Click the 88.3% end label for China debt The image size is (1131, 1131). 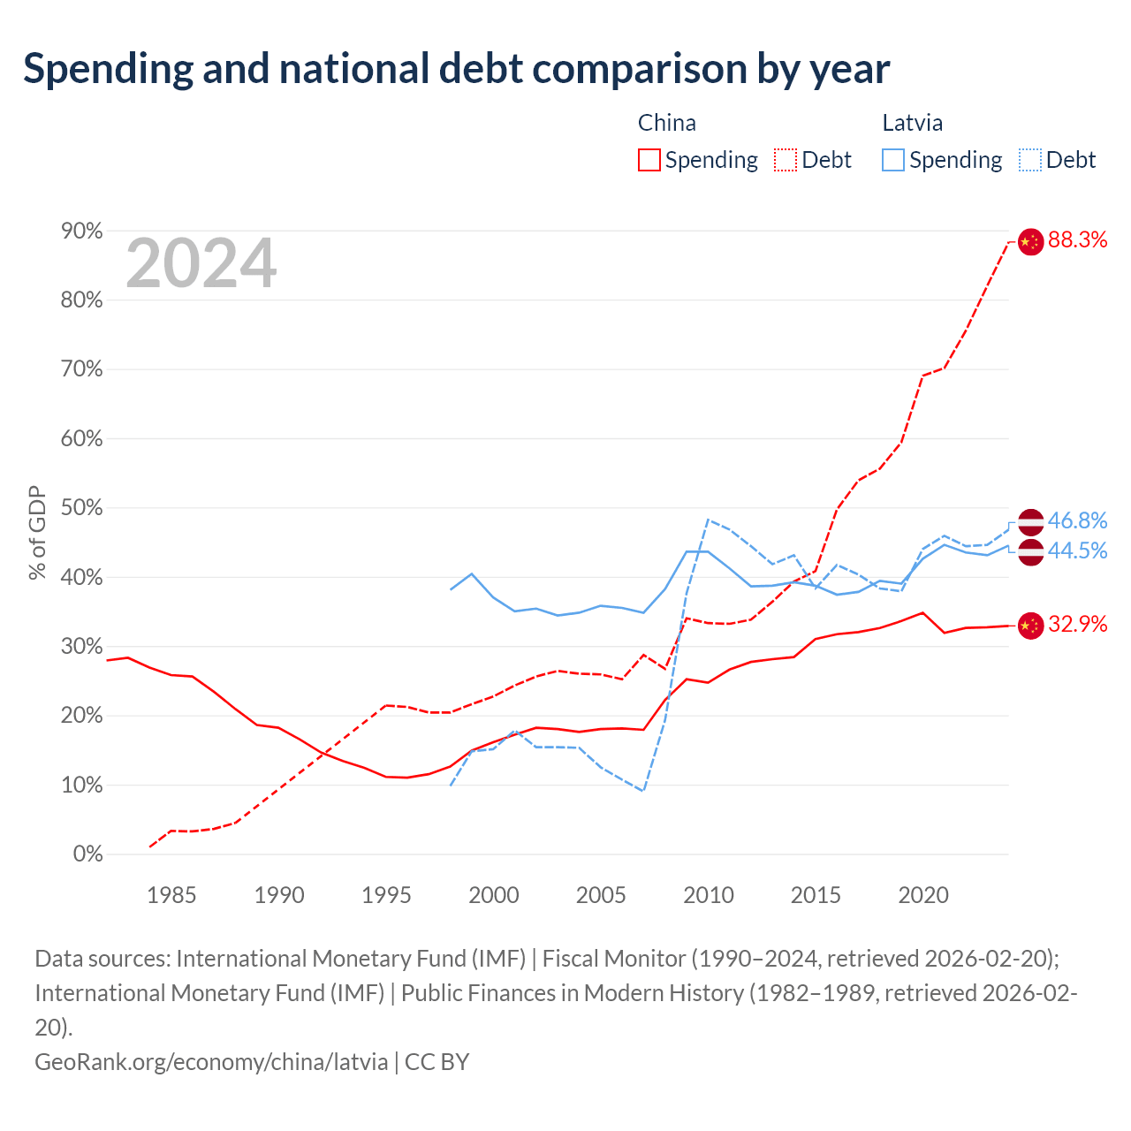click(x=1077, y=239)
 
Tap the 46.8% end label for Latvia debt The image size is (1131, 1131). click(x=1077, y=520)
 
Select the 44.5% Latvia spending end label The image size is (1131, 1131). click(x=1077, y=550)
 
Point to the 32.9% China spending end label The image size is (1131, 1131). click(x=1077, y=624)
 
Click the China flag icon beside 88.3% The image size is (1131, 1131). click(x=1030, y=242)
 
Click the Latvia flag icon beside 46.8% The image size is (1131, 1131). click(x=1030, y=522)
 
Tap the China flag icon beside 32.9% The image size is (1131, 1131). click(x=1030, y=626)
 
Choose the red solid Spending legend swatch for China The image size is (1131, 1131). click(x=649, y=160)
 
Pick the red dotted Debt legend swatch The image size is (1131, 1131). click(x=786, y=160)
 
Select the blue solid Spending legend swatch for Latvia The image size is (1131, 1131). click(x=893, y=160)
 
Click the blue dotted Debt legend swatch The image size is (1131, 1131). click(x=1030, y=160)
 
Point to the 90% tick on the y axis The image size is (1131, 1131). click(x=81, y=232)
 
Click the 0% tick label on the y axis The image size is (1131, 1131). click(x=88, y=854)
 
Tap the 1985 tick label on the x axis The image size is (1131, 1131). click(x=171, y=895)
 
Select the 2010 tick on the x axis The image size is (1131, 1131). click(x=709, y=895)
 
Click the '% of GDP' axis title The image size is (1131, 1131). click(x=37, y=533)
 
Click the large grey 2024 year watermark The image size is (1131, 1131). click(x=201, y=263)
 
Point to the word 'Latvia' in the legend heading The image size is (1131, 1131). click(x=913, y=123)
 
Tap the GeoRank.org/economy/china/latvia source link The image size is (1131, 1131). click(x=211, y=1062)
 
